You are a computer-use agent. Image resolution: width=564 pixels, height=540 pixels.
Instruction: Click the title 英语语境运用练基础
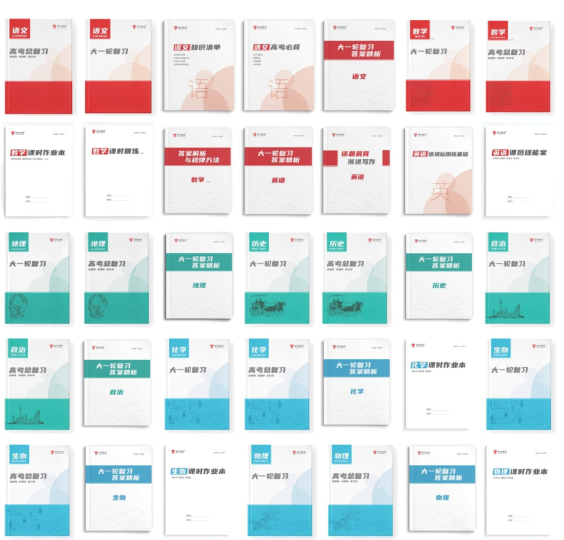440,154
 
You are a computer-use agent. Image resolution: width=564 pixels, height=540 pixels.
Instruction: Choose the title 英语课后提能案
519,152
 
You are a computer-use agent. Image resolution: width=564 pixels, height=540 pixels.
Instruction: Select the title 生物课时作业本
197,471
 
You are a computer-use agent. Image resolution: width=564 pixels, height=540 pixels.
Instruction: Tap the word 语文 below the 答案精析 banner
359,77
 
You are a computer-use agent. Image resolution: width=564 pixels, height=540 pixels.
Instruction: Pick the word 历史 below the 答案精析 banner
439,285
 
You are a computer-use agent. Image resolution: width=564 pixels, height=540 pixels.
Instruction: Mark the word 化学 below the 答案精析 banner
359,391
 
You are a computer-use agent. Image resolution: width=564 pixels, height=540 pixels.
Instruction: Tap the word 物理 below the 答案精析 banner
442,498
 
